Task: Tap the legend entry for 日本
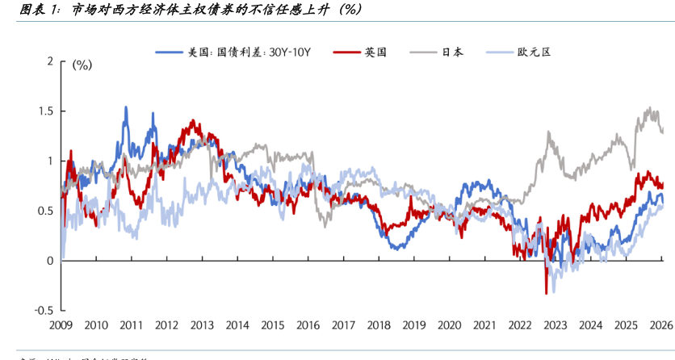click(x=452, y=52)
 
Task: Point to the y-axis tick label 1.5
click(x=44, y=111)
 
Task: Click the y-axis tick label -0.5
click(x=43, y=311)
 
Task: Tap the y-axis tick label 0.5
click(x=44, y=211)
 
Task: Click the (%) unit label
click(x=82, y=65)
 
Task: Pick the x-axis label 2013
click(x=202, y=324)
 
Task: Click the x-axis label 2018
click(x=379, y=324)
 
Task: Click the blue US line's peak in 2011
click(x=126, y=107)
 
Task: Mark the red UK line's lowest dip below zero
click(x=547, y=293)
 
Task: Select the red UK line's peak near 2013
click(x=194, y=122)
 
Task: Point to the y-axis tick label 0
click(x=50, y=261)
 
